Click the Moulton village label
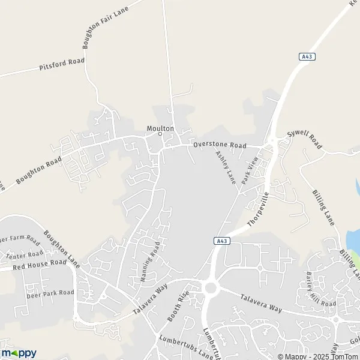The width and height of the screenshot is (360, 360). click(x=160, y=128)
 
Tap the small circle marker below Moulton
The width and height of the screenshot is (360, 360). click(x=160, y=134)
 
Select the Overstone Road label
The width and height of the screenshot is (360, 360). click(x=220, y=145)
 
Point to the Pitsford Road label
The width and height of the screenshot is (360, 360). click(x=62, y=64)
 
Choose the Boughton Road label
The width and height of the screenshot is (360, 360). click(x=39, y=170)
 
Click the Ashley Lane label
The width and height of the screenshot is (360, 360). click(x=225, y=167)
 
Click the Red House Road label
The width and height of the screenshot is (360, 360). click(x=40, y=263)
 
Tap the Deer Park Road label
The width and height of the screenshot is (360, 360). click(x=50, y=293)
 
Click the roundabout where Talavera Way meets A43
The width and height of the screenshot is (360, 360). click(x=210, y=288)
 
